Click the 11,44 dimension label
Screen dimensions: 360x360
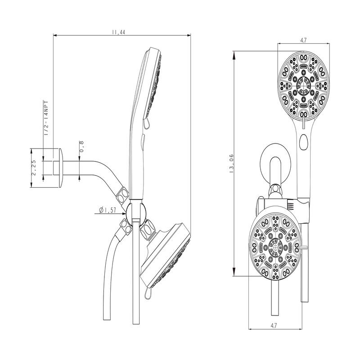pyautogui.click(x=119, y=32)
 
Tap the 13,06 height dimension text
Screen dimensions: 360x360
pyautogui.click(x=232, y=163)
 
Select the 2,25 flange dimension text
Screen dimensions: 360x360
pyautogui.click(x=34, y=168)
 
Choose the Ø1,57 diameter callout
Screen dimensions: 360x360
pyautogui.click(x=108, y=210)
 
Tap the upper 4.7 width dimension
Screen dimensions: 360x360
pyautogui.click(x=303, y=40)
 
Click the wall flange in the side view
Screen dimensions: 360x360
pyautogui.click(x=61, y=168)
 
